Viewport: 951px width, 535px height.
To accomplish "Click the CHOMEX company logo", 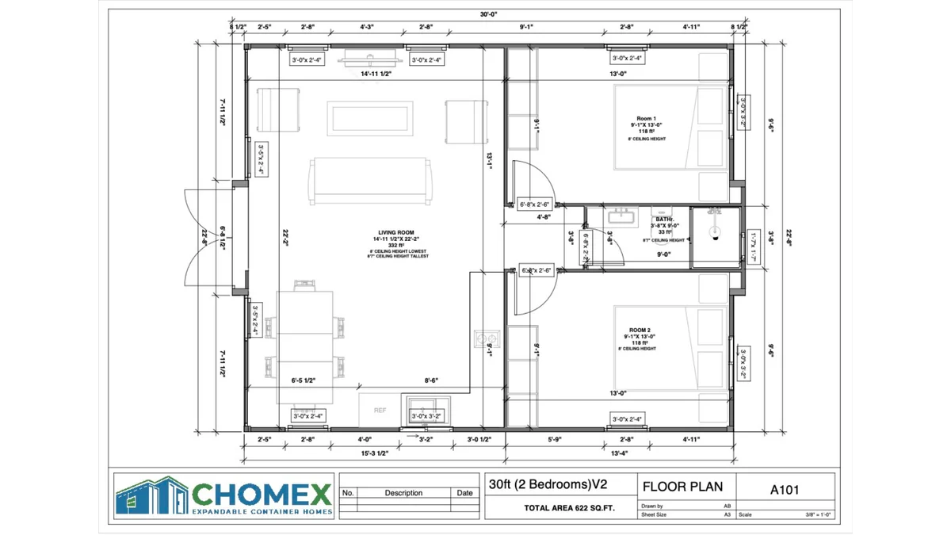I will coord(223,497).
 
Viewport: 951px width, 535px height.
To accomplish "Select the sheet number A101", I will coord(785,489).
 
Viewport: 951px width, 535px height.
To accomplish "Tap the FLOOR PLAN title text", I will coord(682,487).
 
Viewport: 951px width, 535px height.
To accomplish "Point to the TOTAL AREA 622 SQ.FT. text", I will coord(569,508).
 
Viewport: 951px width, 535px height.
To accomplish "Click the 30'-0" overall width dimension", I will coord(489,14).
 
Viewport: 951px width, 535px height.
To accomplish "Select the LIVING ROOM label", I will coord(395,233).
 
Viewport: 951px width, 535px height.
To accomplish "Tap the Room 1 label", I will coord(648,117).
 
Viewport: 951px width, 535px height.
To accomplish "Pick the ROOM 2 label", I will coord(640,330).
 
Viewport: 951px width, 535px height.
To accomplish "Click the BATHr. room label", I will coord(664,219).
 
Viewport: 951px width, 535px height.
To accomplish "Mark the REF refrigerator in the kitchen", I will coord(380,411).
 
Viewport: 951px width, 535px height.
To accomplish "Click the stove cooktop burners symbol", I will coord(483,338).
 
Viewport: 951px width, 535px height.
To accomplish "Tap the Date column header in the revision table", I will coord(465,493).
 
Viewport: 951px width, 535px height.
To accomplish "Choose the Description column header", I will coord(403,493).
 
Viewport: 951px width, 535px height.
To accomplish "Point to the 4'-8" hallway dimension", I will coord(544,216).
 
